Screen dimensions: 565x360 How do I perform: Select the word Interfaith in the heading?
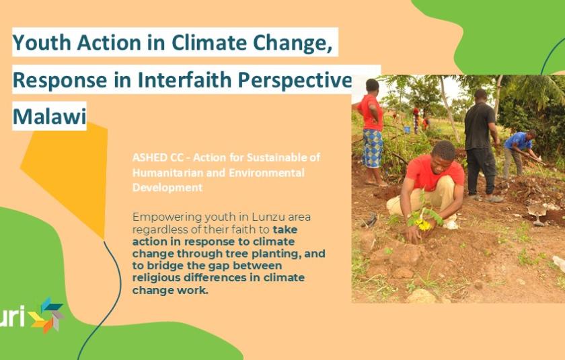184,79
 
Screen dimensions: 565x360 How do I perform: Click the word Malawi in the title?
49,116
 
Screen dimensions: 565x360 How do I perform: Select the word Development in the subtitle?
167,188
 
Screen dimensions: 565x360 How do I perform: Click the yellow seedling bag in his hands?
423,225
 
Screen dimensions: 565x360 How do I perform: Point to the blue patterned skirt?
372,148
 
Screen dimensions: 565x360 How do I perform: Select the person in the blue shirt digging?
519,153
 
